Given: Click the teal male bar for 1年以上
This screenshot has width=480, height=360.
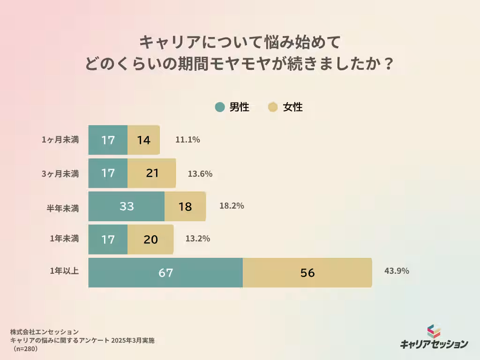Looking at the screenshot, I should (x=165, y=272).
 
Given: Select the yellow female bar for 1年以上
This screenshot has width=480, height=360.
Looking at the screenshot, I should (x=307, y=272).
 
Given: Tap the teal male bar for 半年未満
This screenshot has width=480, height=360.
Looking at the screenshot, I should (x=127, y=206).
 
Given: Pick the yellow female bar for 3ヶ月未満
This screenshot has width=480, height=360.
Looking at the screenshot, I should (x=151, y=173).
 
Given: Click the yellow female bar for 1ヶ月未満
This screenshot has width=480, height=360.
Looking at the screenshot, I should (x=143, y=140).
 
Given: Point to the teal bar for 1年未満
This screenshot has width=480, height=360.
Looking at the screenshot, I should (x=108, y=239).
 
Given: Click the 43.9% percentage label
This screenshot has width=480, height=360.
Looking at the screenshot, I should (x=397, y=270).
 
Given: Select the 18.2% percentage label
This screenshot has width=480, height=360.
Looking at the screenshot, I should (x=232, y=205).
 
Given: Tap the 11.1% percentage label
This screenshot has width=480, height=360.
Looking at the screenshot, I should (x=187, y=139).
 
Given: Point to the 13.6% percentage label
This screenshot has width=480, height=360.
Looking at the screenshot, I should (x=200, y=173).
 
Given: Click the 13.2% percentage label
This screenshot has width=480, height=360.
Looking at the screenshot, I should (x=197, y=238).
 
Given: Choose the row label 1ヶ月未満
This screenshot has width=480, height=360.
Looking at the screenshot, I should (x=60, y=140).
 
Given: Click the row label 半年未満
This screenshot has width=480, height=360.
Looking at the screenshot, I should (x=65, y=206).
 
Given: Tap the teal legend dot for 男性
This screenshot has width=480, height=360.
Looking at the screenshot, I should (x=220, y=107).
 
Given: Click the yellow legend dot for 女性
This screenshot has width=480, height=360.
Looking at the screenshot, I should (x=273, y=107).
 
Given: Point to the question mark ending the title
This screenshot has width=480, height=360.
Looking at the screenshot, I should (x=386, y=63).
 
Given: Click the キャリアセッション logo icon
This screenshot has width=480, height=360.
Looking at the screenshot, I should (x=434, y=331).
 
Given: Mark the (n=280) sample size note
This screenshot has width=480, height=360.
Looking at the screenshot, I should (x=25, y=349).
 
